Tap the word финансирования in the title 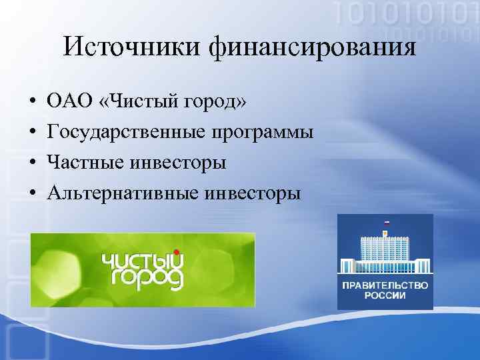(312, 47)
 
